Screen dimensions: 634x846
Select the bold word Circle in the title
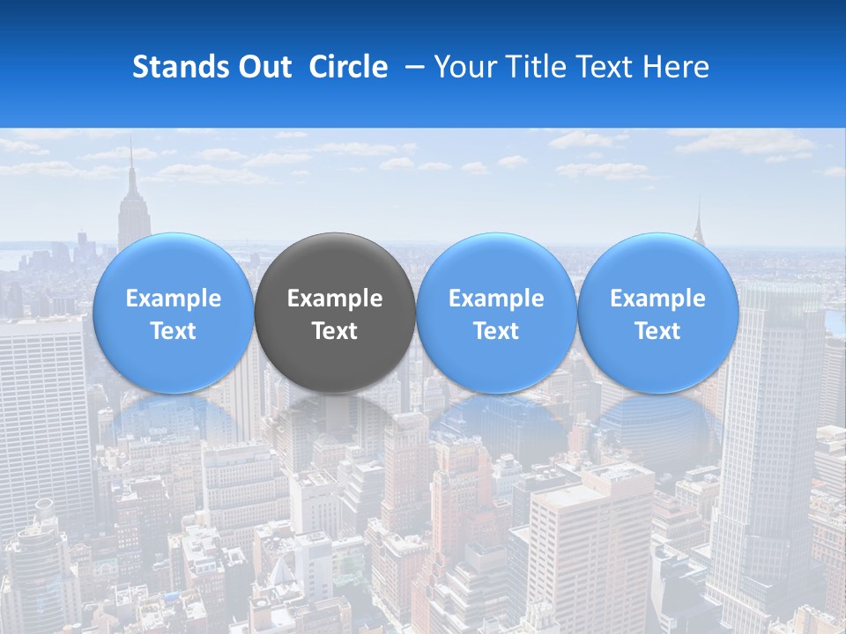point(348,67)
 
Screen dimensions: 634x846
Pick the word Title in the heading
point(538,67)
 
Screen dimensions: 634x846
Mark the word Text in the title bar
point(609,67)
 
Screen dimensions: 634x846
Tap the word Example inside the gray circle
point(335,299)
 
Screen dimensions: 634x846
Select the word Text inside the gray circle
point(335,331)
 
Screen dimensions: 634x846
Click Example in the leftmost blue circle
point(174,299)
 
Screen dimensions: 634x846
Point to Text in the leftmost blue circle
point(174,331)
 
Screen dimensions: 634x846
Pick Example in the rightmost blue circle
point(657,299)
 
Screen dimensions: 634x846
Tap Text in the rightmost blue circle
point(657,331)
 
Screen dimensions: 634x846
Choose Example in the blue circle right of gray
point(496,299)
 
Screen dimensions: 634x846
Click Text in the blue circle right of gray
point(496,331)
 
